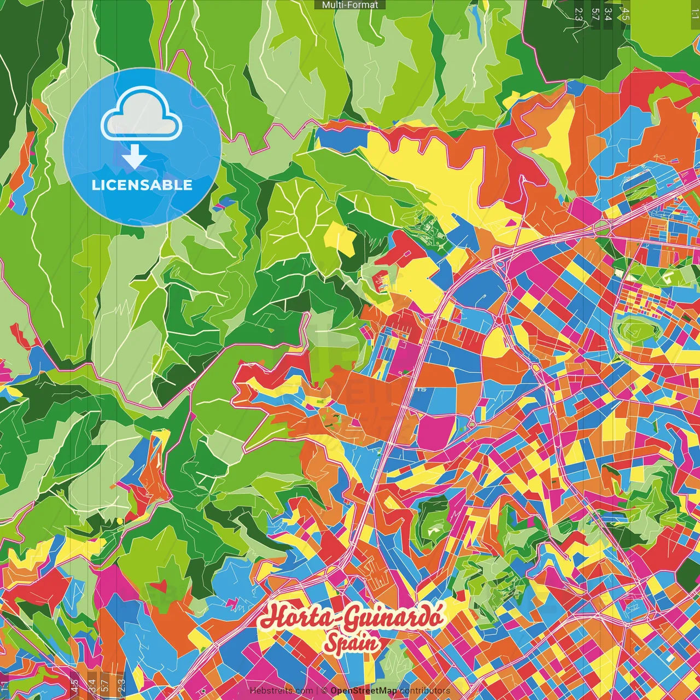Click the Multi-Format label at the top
click(350, 5)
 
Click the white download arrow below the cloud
click(135, 158)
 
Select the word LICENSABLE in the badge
click(142, 185)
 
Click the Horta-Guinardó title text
click(351, 619)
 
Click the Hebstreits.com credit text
click(281, 691)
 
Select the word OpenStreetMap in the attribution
click(364, 691)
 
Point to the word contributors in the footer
click(425, 691)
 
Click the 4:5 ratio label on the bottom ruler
click(74, 685)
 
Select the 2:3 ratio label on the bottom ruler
click(121, 685)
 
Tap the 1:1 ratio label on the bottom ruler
click(4, 686)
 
